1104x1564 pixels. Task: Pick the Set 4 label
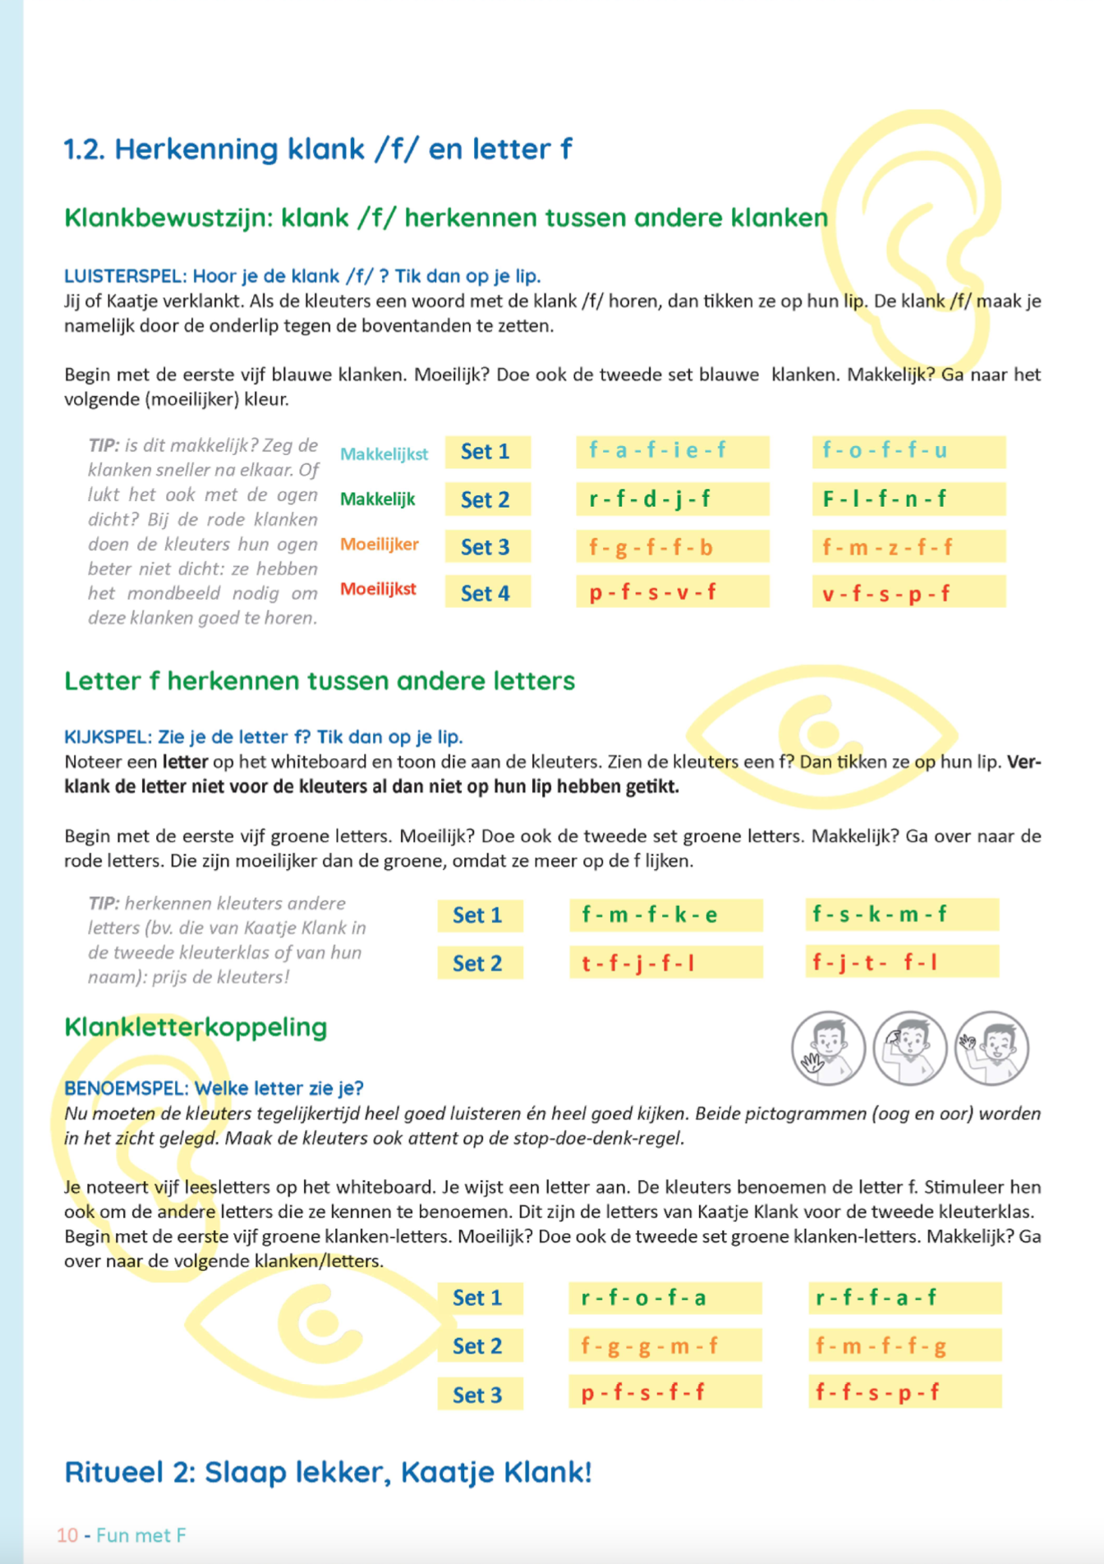pos(485,593)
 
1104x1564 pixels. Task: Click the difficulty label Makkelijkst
pos(384,454)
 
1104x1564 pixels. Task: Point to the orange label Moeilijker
pos(379,545)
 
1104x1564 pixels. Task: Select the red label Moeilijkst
pos(378,589)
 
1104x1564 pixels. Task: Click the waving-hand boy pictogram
pos(828,1048)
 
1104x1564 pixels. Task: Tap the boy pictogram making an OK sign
pos(991,1048)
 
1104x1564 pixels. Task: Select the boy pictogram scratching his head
pos(909,1048)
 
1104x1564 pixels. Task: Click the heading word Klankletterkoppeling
pos(195,1027)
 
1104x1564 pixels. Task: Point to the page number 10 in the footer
pos(67,1535)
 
